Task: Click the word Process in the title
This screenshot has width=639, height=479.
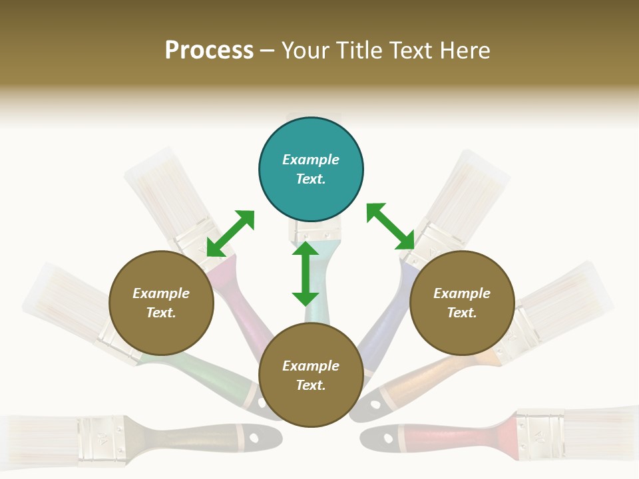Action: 209,51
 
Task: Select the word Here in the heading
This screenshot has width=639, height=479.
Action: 463,51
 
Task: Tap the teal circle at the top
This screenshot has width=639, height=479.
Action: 311,170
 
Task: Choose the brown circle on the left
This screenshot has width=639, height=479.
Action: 161,303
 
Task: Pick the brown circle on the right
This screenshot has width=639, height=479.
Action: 462,303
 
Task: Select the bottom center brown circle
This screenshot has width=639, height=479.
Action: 311,375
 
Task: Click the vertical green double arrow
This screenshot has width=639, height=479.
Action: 306,273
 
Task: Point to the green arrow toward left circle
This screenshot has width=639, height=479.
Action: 230,233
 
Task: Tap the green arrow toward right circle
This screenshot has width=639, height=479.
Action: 390,226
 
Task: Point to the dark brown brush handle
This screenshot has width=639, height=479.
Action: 200,436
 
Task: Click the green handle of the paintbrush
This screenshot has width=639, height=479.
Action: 200,370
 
